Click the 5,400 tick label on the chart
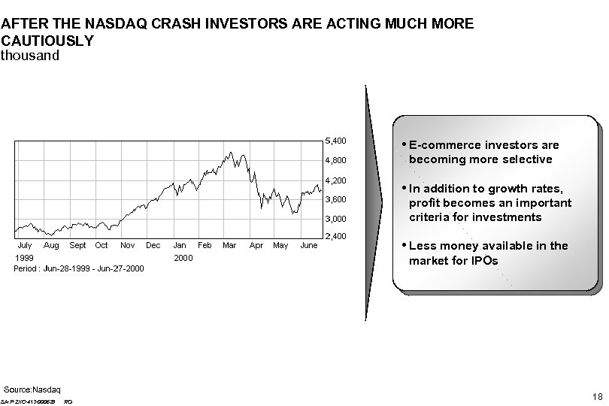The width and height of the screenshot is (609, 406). (x=335, y=141)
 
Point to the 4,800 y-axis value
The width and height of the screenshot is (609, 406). (x=335, y=160)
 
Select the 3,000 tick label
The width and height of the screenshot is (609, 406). (x=335, y=219)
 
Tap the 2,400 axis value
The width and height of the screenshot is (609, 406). (x=335, y=238)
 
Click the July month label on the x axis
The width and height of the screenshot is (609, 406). (x=24, y=245)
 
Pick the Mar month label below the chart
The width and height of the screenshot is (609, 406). (x=229, y=245)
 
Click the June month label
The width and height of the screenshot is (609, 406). (x=308, y=245)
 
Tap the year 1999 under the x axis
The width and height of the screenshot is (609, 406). (x=24, y=257)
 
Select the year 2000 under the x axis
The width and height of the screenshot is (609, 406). (x=183, y=257)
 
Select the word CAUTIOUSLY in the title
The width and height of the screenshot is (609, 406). (x=47, y=41)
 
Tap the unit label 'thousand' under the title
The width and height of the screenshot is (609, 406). (x=29, y=56)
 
